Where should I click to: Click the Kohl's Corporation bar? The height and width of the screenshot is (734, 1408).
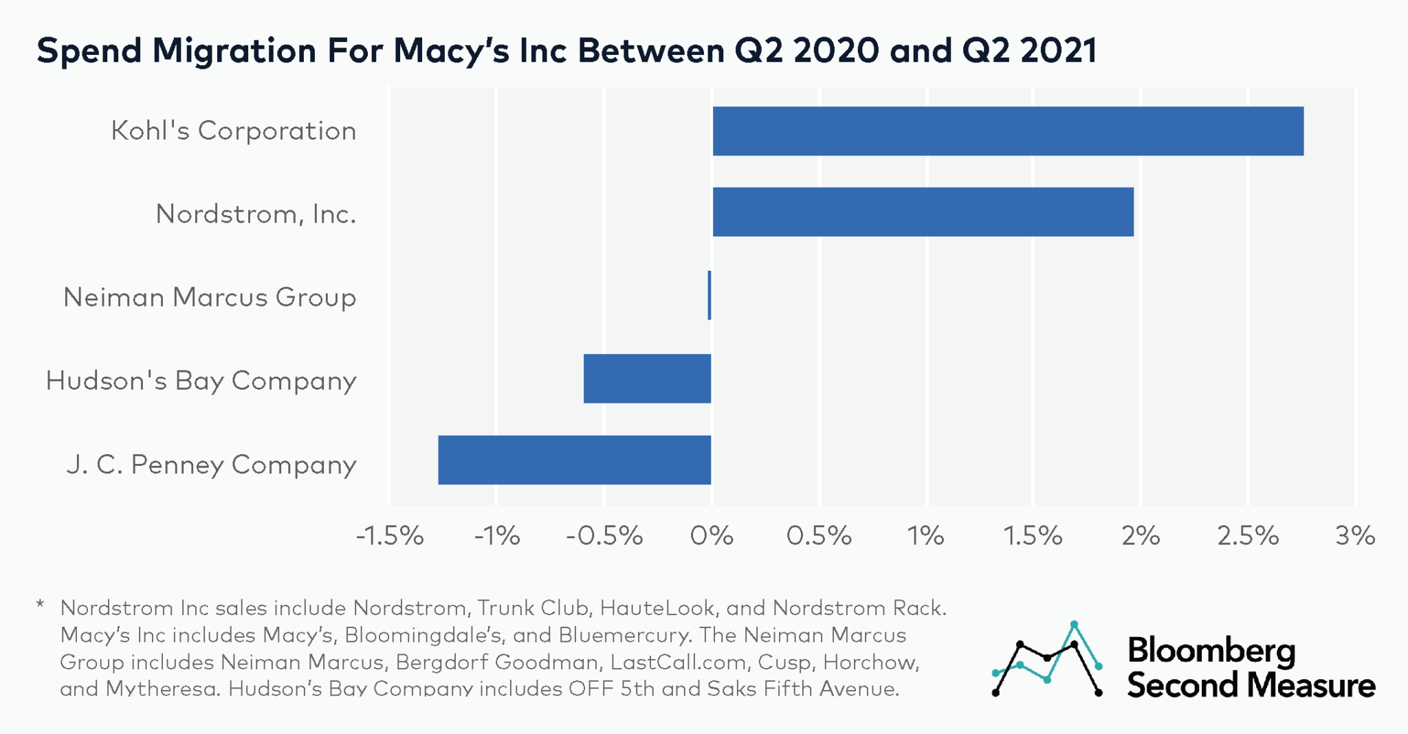1007,131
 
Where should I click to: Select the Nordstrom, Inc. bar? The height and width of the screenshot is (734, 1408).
923,212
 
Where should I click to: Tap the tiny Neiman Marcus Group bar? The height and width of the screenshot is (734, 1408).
709,296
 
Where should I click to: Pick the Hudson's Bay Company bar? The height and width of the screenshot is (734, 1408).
647,379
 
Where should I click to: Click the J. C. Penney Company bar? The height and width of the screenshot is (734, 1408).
574,460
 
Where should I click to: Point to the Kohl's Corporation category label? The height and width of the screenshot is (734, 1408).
234,131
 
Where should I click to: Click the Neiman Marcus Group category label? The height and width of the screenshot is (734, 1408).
210,297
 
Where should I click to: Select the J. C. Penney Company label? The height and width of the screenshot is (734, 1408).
212,464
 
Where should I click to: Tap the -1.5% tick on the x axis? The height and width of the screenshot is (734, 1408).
390,535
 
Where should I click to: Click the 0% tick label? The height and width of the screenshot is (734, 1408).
712,535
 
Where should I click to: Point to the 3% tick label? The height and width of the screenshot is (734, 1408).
1355,535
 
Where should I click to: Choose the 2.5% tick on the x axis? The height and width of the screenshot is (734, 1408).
1248,535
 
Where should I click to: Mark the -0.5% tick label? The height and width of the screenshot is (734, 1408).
604,535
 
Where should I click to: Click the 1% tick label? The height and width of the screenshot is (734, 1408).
925,535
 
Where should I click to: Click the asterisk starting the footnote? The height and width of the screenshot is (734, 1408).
40,606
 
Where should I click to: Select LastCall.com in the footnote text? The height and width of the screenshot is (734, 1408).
678,662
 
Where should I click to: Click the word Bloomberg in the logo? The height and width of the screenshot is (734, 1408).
1211,650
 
